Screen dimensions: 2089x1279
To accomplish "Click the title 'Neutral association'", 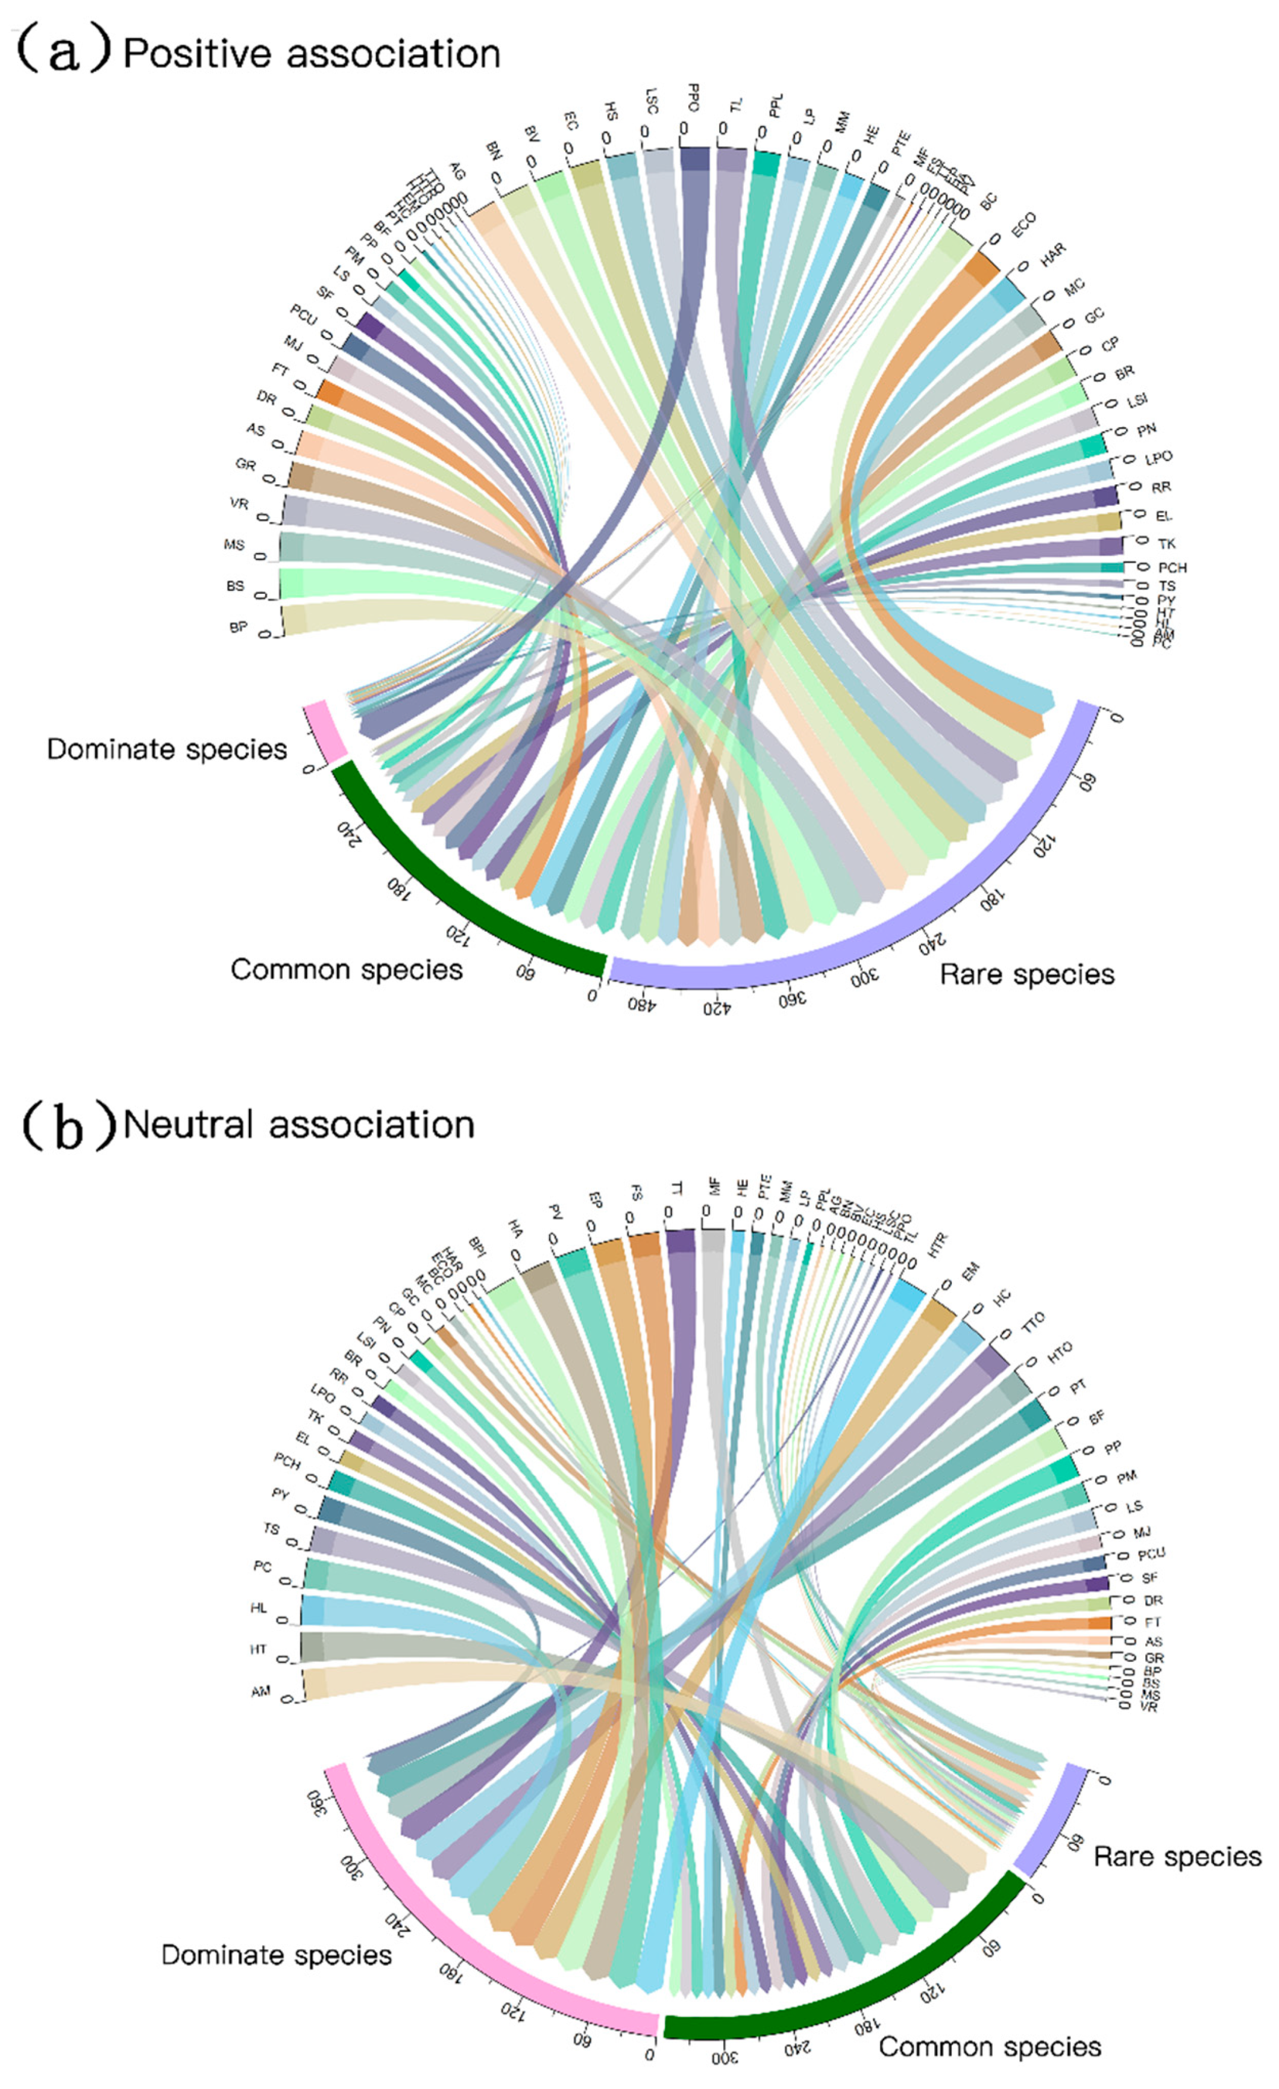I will pyautogui.click(x=298, y=1125).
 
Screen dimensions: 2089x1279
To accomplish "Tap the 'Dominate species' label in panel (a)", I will pyautogui.click(x=166, y=749).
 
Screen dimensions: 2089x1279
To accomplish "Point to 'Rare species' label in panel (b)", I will pyautogui.click(x=1177, y=1856).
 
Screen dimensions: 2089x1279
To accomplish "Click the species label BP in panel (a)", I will pyautogui.click(x=238, y=628).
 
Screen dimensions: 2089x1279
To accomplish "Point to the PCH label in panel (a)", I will pyautogui.click(x=1172, y=567).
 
